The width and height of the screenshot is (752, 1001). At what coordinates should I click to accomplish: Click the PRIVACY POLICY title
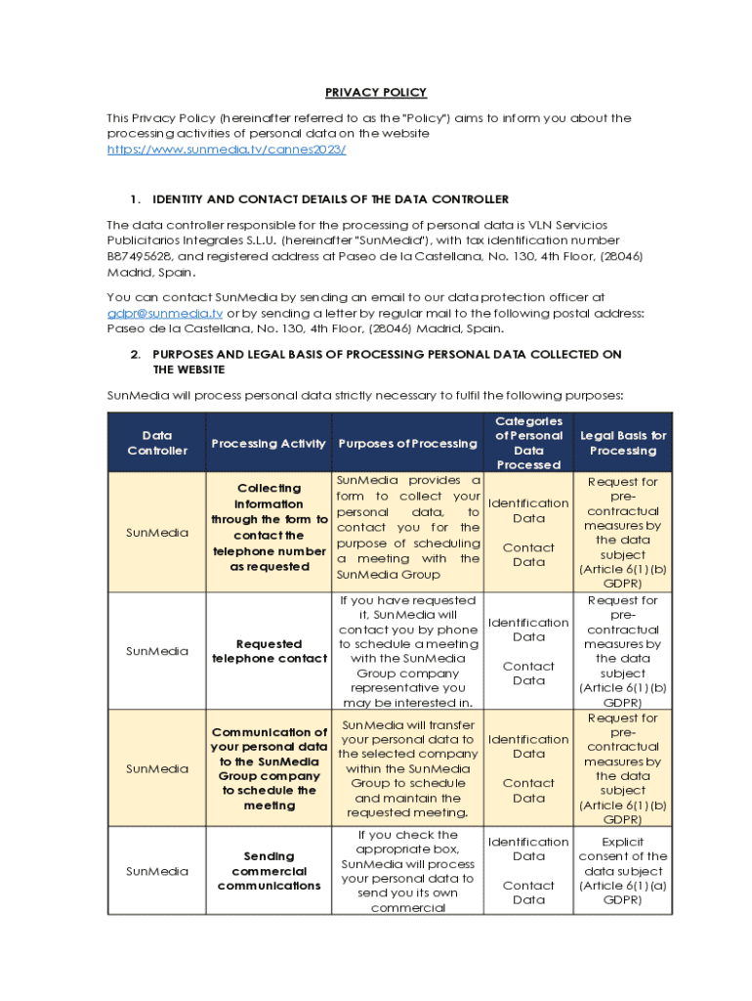tap(375, 93)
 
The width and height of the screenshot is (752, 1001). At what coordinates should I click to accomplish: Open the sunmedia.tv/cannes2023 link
tap(227, 149)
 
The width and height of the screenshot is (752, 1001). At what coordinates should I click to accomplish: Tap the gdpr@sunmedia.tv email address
tap(165, 313)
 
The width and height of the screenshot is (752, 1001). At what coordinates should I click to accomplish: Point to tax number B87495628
tap(140, 256)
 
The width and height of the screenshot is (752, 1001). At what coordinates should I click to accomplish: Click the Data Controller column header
tap(157, 443)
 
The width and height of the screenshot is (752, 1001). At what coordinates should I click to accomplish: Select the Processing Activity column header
tap(269, 444)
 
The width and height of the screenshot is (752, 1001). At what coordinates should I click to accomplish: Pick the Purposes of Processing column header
tap(407, 444)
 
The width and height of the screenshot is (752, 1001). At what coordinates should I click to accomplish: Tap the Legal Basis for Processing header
tap(623, 443)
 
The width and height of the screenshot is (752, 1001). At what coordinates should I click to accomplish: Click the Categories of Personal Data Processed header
tap(528, 443)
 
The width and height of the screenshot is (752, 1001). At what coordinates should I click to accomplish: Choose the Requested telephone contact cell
tap(269, 651)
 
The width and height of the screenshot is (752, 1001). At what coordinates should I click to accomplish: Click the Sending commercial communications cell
tap(269, 871)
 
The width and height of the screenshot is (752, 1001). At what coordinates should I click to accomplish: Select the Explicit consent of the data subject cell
tap(623, 870)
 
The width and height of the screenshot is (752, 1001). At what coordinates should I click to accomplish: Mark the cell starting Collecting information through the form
tap(269, 528)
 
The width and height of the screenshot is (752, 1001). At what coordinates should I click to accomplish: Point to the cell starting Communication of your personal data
tap(269, 768)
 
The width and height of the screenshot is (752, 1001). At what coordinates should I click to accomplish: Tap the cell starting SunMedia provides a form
tap(407, 528)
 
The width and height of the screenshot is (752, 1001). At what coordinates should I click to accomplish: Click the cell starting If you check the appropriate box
tap(407, 871)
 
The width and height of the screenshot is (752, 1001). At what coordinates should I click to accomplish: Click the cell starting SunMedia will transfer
tap(407, 768)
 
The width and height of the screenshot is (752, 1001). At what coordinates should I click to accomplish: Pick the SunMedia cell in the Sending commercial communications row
tap(157, 871)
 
